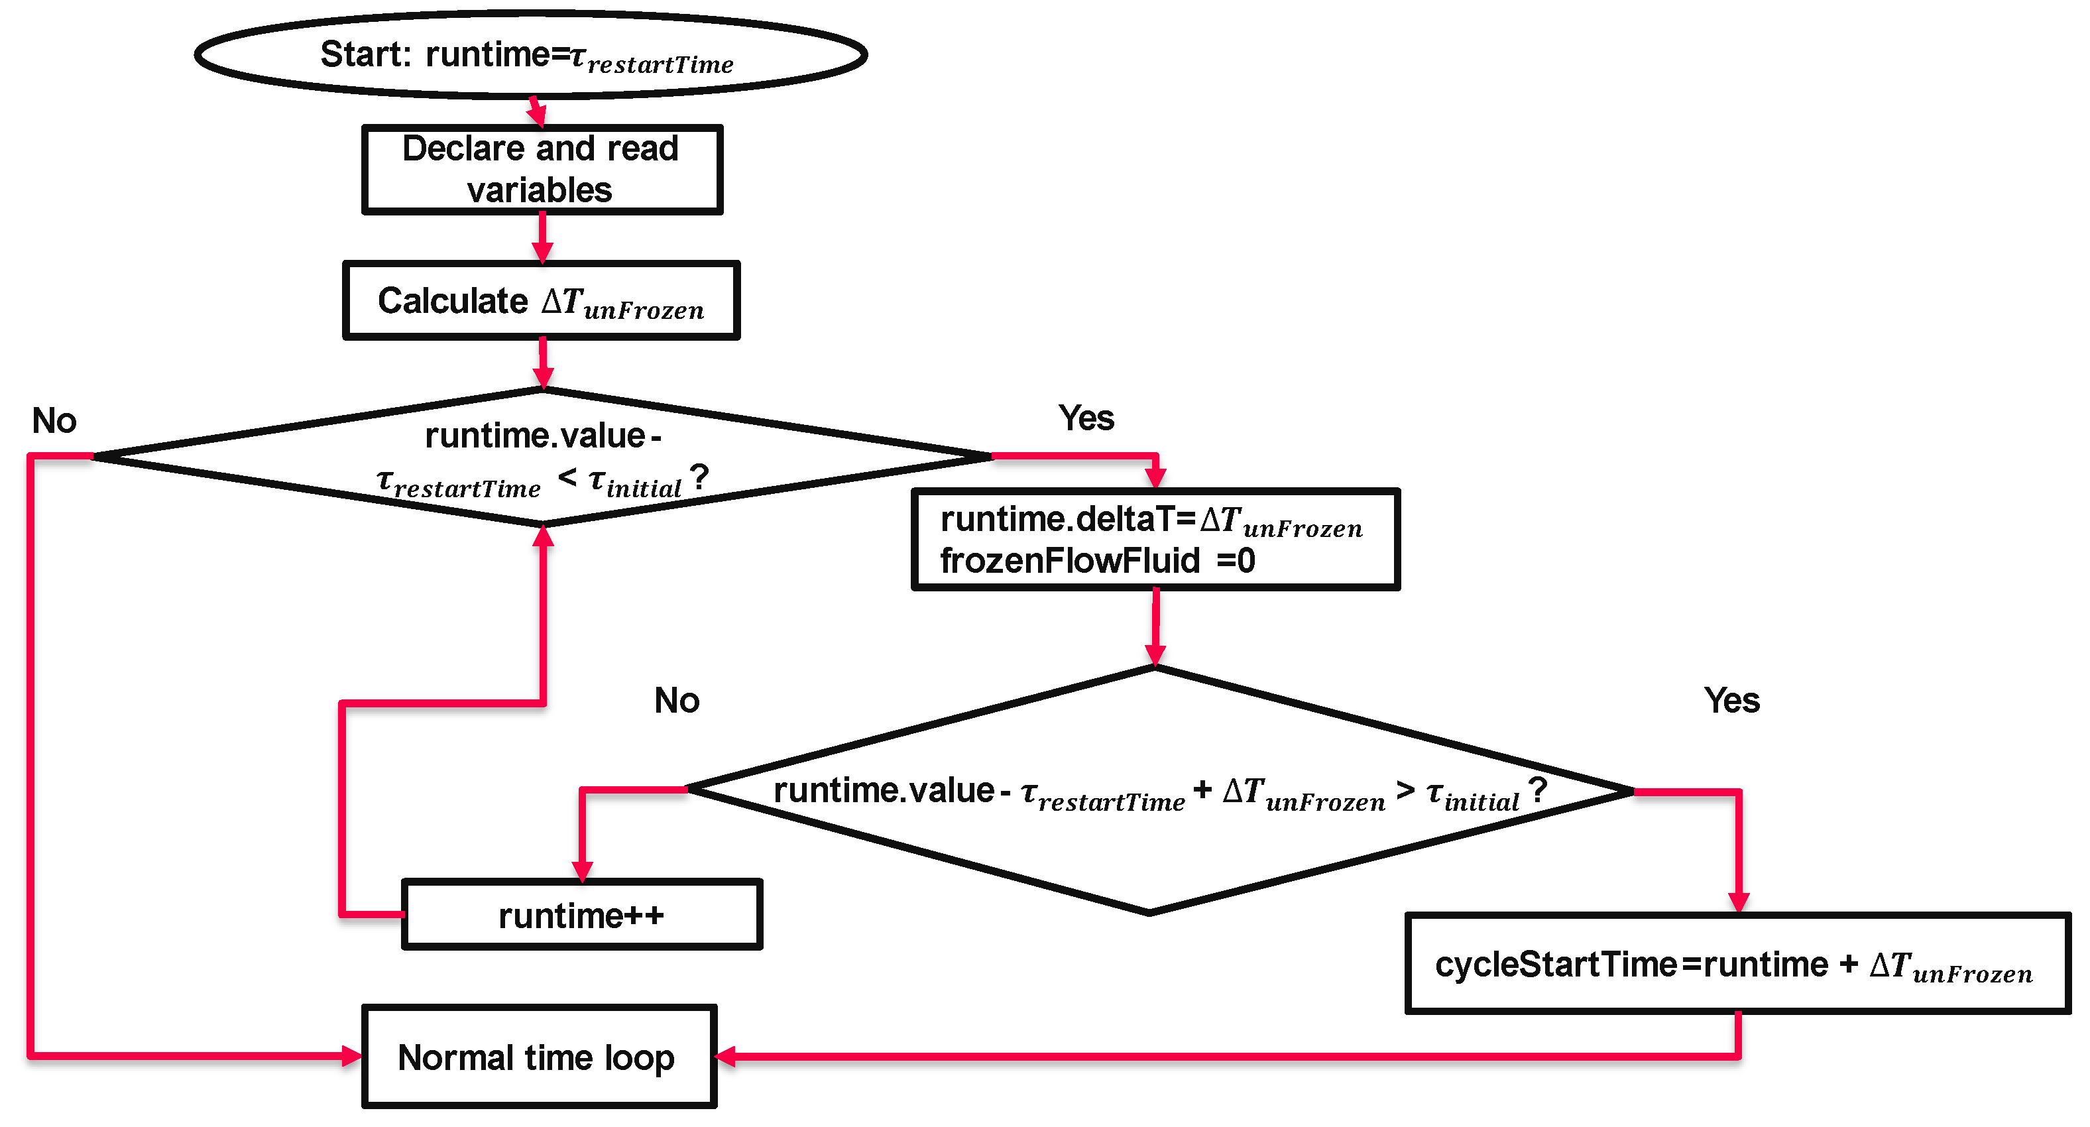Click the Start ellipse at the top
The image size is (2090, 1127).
coord(532,55)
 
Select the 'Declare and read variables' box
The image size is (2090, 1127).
coord(542,169)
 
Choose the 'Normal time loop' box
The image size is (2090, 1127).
coord(539,1057)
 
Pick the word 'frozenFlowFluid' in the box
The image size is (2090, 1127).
coord(1069,561)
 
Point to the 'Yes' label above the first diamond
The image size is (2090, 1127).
coord(1086,418)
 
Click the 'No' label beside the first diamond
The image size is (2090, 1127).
coord(54,420)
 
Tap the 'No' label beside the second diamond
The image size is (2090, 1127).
coord(677,700)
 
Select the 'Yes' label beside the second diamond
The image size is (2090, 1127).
coord(1731,700)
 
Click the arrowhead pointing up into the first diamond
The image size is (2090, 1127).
coord(543,536)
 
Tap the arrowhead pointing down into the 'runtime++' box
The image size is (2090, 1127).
coord(583,871)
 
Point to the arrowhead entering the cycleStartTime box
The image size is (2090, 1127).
coord(1738,902)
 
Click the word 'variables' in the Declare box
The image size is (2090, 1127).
coord(540,191)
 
